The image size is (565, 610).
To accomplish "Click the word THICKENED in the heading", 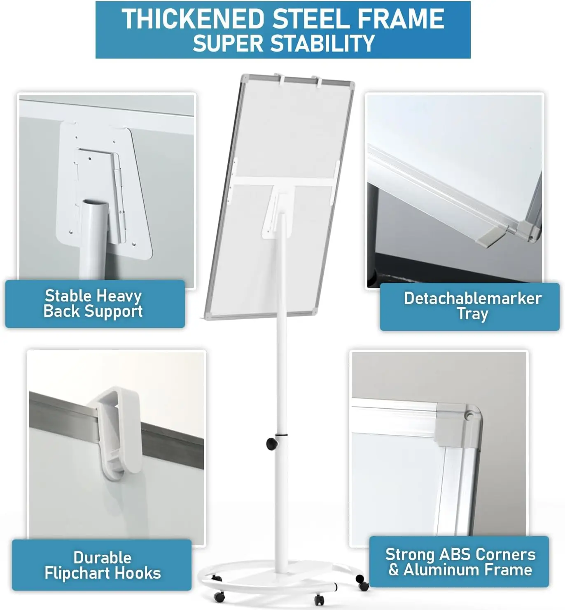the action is [x=193, y=19].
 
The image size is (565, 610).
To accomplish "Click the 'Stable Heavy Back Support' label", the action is [x=93, y=303].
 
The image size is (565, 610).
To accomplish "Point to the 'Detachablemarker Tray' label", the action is [x=473, y=306].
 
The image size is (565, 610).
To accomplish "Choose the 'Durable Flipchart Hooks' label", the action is [x=103, y=565].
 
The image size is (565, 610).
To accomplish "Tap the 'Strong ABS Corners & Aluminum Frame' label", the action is [x=460, y=562].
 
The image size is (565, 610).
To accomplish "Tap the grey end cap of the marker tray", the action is [x=491, y=236].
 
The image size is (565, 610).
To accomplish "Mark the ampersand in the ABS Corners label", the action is [x=393, y=570].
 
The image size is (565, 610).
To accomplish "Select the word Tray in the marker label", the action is [x=472, y=314].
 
